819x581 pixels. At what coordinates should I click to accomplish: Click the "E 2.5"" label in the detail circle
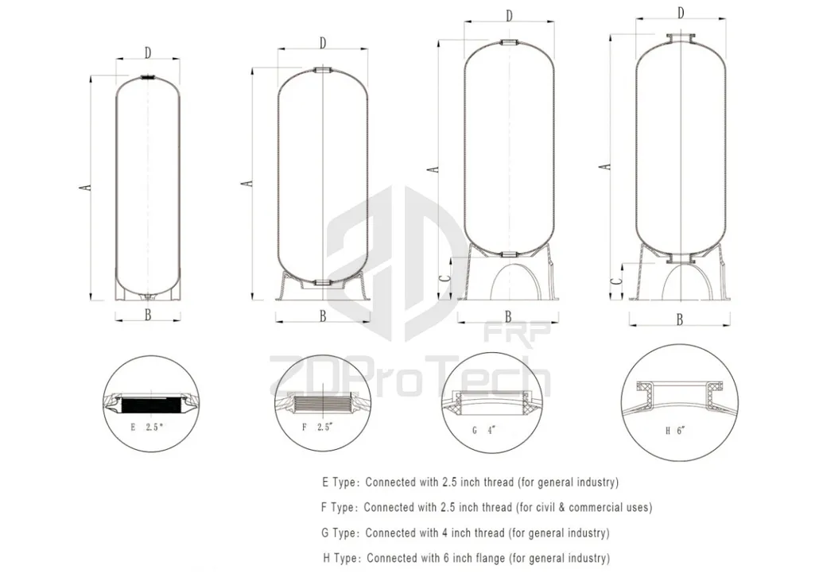[x=148, y=428]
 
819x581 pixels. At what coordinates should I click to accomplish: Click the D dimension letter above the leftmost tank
[x=148, y=52]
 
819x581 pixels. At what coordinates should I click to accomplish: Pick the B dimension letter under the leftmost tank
[x=148, y=313]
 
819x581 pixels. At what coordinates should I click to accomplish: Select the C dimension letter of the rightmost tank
[x=616, y=282]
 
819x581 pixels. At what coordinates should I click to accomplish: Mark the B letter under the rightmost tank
[x=680, y=320]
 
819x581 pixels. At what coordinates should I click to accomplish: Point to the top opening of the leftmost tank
[x=148, y=77]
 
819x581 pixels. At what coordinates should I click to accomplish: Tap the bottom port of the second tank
[x=322, y=282]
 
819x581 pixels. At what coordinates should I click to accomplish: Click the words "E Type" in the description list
[x=337, y=482]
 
